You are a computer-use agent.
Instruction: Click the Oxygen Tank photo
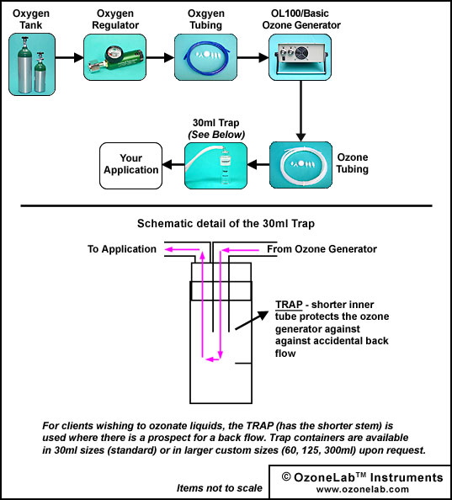point(32,65)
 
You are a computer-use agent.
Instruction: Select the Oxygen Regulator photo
point(114,57)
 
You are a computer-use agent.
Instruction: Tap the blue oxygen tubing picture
point(205,57)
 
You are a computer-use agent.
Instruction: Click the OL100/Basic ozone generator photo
point(300,57)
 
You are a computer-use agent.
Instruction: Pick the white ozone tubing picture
point(300,165)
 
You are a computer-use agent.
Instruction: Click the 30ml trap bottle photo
point(215,166)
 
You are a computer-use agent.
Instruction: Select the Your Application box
point(131,166)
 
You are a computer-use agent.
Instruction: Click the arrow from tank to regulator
point(70,58)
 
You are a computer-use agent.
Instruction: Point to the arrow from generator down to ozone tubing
point(300,111)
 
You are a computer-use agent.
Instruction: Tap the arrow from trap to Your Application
point(173,165)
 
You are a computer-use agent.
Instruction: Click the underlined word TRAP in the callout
point(289,305)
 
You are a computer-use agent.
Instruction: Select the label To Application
point(122,249)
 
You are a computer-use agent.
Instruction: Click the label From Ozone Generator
point(322,249)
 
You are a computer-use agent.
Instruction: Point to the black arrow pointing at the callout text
point(252,320)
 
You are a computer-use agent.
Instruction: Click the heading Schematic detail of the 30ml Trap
point(226,224)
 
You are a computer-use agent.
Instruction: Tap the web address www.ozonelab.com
point(363,489)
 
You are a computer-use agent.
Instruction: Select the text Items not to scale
point(220,488)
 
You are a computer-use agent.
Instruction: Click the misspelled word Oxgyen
point(206,13)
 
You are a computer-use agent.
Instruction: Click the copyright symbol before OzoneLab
point(286,477)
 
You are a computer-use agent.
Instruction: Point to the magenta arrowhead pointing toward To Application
point(169,250)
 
